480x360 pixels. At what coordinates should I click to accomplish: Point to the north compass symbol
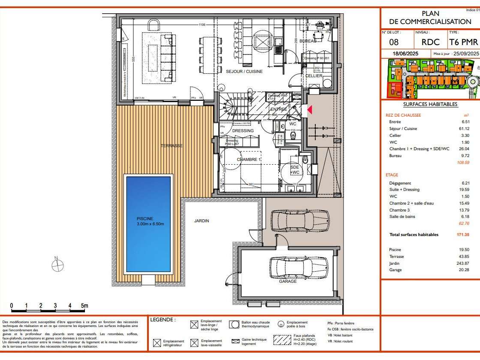tap(57, 266)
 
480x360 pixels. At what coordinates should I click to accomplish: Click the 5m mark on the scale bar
tap(85, 306)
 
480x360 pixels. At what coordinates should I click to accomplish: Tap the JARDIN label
tap(201, 221)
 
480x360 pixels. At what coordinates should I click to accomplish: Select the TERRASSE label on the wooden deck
tap(172, 146)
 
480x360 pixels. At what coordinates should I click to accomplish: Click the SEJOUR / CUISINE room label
tap(244, 72)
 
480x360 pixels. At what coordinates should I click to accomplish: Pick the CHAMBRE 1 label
tap(249, 160)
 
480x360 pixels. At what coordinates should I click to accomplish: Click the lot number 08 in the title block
tap(393, 42)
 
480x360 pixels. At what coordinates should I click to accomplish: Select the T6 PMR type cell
tap(463, 42)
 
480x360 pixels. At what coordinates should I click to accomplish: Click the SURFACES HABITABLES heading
tap(430, 104)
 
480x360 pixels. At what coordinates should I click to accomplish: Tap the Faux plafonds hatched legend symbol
tap(282, 340)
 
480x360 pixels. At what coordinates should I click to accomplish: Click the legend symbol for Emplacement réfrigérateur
tap(157, 343)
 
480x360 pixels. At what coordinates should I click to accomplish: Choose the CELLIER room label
tap(314, 76)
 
